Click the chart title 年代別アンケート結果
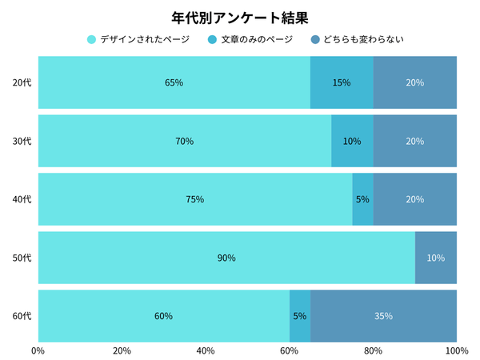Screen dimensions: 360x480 [x=240, y=17]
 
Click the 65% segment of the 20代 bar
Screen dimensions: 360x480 [x=174, y=82]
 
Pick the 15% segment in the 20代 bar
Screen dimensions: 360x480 [x=342, y=82]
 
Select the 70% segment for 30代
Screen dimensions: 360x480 [x=184, y=141]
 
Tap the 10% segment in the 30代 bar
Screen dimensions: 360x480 [x=352, y=141]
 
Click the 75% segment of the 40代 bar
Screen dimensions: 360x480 [x=194, y=199]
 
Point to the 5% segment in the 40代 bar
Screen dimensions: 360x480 [x=362, y=199]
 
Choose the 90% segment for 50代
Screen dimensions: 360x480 [x=226, y=258]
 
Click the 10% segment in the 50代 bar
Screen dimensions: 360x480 [x=436, y=258]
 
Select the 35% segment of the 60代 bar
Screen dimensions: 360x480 [x=383, y=316]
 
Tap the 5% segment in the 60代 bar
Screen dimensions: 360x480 [x=300, y=316]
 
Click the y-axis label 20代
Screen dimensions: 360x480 [x=22, y=82]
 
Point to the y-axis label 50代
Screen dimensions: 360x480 [x=22, y=258]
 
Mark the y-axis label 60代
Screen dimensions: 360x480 [x=22, y=316]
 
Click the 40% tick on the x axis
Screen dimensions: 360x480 [x=206, y=350]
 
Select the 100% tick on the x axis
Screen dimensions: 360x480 [x=456, y=350]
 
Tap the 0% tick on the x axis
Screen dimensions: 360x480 [x=38, y=350]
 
